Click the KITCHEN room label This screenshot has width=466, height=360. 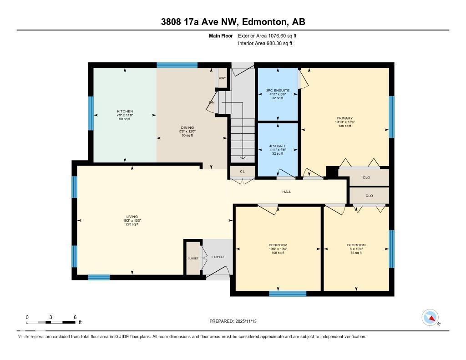click(125, 112)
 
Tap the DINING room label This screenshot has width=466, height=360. click(187, 128)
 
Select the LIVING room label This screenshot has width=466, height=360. click(132, 217)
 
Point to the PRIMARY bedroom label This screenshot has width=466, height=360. click(344, 118)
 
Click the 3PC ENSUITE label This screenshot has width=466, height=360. click(278, 91)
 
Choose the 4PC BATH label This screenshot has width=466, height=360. click(278, 147)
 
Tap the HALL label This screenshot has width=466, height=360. click(287, 192)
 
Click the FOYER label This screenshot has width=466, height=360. click(218, 257)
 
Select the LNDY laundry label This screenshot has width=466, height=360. click(222, 78)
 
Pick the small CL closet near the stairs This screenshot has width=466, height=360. click(242, 172)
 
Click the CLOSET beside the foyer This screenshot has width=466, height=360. click(193, 258)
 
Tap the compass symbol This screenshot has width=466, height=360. click(431, 317)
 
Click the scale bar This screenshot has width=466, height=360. click(51, 322)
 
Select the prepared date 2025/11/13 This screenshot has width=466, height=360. click(233, 321)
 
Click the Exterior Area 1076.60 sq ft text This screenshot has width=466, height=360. click(267, 35)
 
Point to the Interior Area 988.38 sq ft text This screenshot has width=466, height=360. click(265, 44)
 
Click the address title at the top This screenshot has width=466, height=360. click(233, 22)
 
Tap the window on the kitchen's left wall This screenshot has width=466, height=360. click(91, 114)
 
